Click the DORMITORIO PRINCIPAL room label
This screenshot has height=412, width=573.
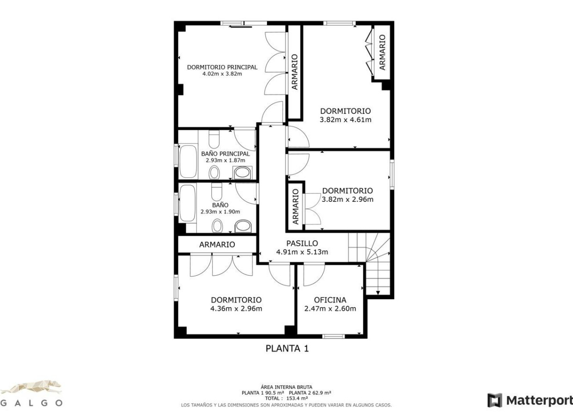pos(222,67)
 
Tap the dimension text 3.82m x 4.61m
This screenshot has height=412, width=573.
pos(345,120)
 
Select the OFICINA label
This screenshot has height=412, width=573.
pos(330,300)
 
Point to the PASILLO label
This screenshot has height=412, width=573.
pos(302,243)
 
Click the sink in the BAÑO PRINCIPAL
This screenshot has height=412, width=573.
pos(242,173)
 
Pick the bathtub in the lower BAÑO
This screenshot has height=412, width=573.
pos(188,204)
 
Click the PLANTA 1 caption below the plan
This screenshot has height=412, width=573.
pos(287,348)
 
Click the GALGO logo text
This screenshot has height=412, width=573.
pos(31,403)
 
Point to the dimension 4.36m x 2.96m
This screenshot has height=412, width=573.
pos(236,309)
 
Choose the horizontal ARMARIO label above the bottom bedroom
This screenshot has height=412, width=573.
pos(217,244)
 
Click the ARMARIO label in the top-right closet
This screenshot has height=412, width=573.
pos(382,52)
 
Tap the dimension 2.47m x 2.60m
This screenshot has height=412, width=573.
pos(330,309)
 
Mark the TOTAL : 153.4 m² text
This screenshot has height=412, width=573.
pos(286,398)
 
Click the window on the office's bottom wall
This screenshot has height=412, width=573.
pos(334,336)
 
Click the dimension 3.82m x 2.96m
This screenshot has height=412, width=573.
pos(348,199)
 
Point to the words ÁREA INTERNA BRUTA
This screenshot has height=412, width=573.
pos(286,387)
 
